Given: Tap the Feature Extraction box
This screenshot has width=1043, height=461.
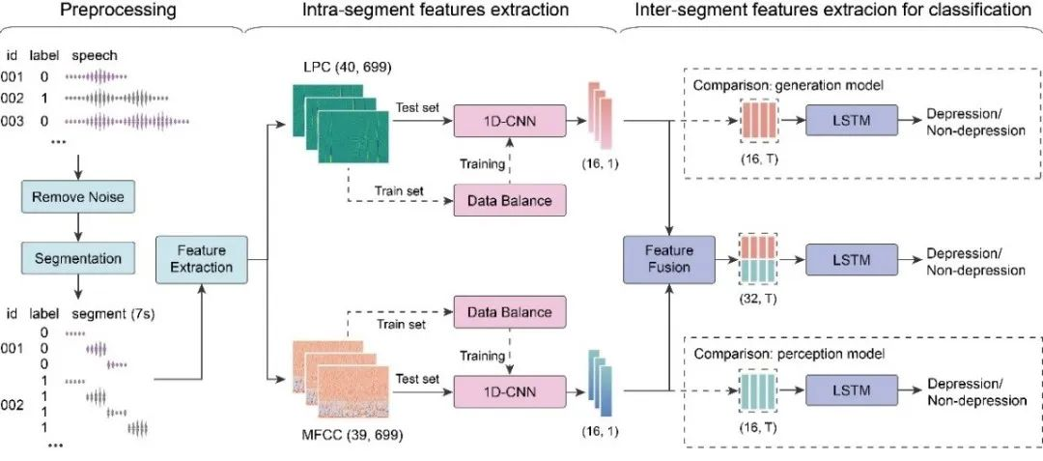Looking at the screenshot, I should [x=203, y=258].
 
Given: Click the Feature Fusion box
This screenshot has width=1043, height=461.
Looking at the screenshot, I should [x=669, y=258].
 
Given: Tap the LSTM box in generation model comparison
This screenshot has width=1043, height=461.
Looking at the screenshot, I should [x=851, y=122].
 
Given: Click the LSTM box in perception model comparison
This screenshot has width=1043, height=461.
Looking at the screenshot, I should [x=851, y=391].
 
